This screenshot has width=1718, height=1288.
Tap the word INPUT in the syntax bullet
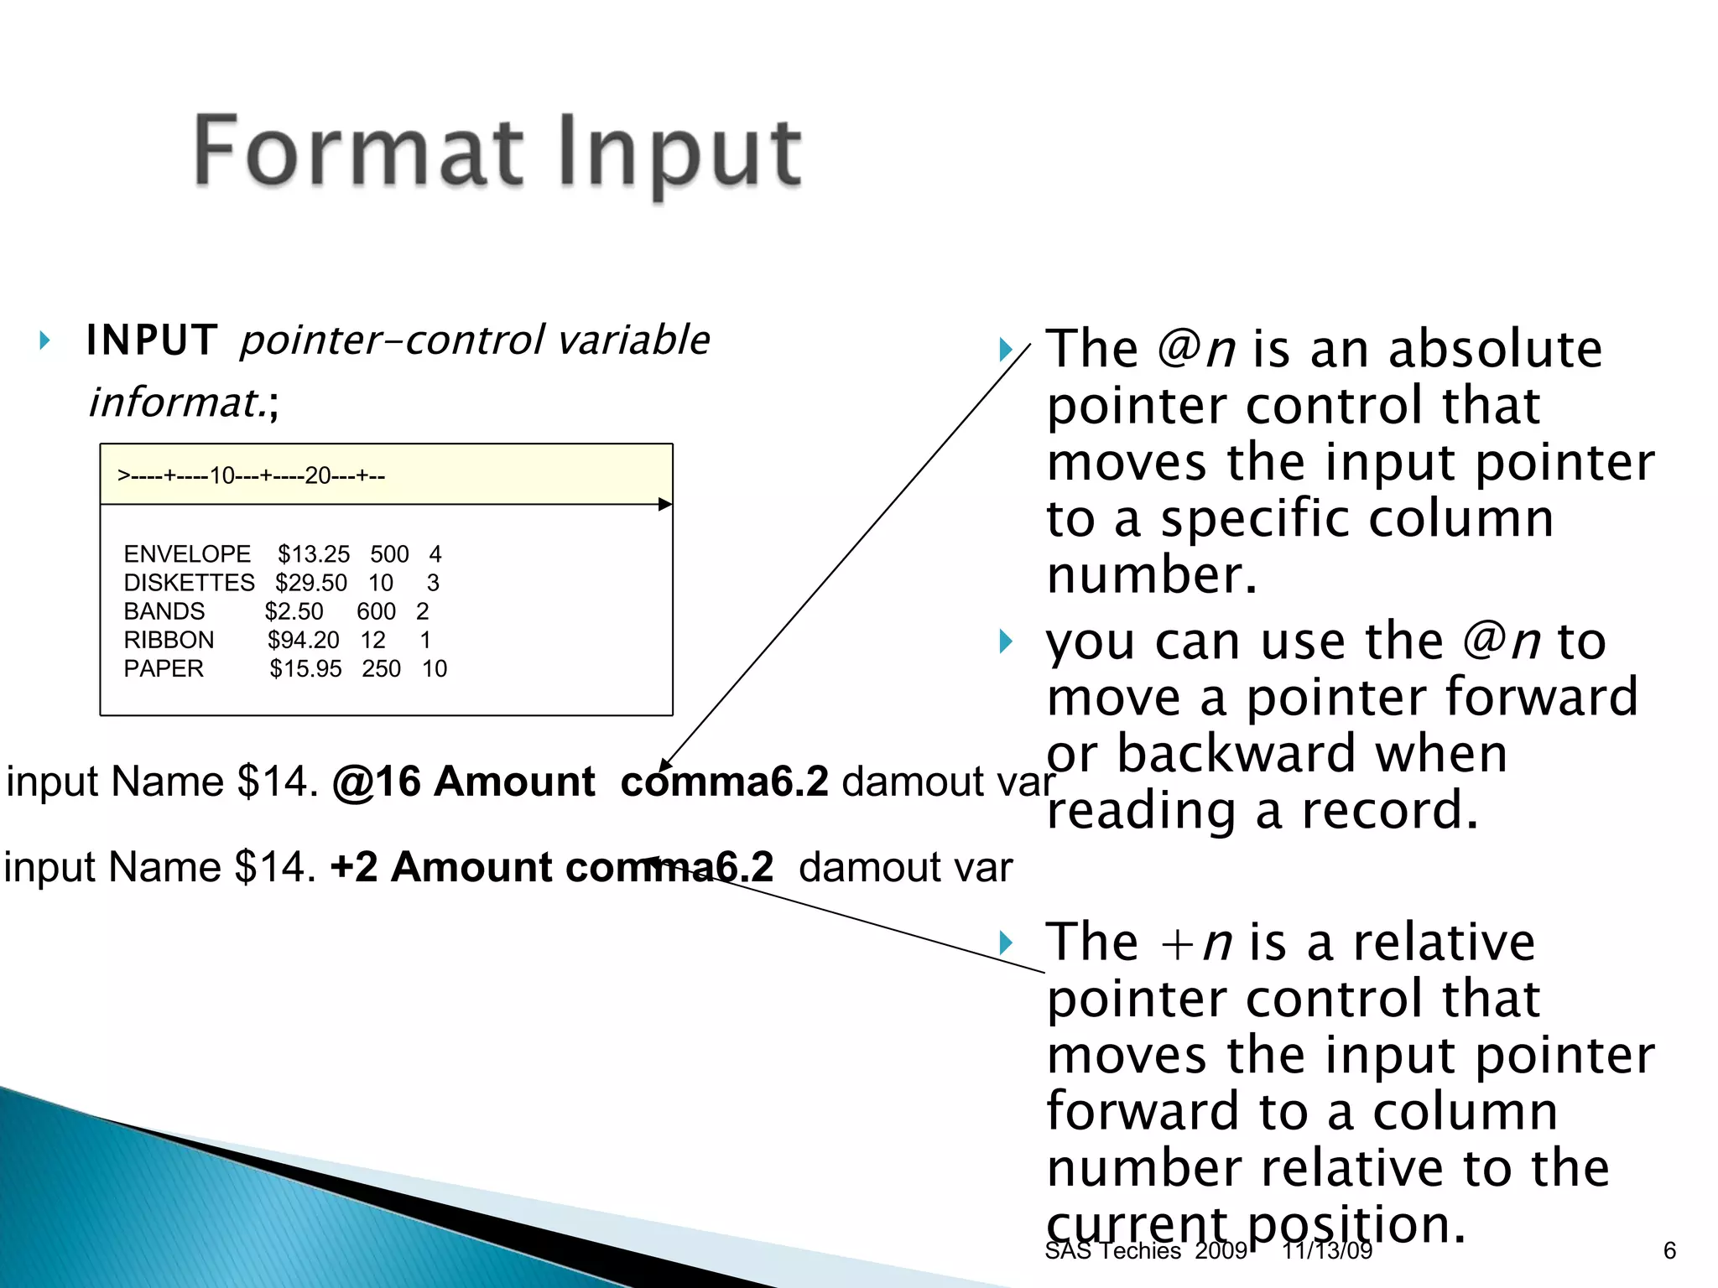click(x=152, y=340)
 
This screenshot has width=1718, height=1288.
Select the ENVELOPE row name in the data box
click(x=187, y=554)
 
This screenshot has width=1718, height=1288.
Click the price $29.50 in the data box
click(x=311, y=583)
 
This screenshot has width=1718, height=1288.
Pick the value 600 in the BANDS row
click(x=376, y=611)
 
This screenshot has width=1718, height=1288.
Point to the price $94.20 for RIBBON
click(x=304, y=640)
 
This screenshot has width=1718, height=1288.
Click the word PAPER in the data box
click(x=164, y=668)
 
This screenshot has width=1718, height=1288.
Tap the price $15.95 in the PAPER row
click(x=305, y=668)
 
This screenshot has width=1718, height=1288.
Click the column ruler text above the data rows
click(x=251, y=476)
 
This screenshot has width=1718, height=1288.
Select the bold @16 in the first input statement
click(x=376, y=782)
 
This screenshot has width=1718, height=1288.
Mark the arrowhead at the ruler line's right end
click(x=666, y=504)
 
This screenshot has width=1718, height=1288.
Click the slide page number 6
click(x=1669, y=1250)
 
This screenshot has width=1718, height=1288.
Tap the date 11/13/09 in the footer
click(x=1327, y=1250)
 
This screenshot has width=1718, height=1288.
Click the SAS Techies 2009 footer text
click(x=1146, y=1250)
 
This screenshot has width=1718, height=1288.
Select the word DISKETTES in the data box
click(x=189, y=583)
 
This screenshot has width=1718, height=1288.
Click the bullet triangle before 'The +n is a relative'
click(x=1006, y=943)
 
